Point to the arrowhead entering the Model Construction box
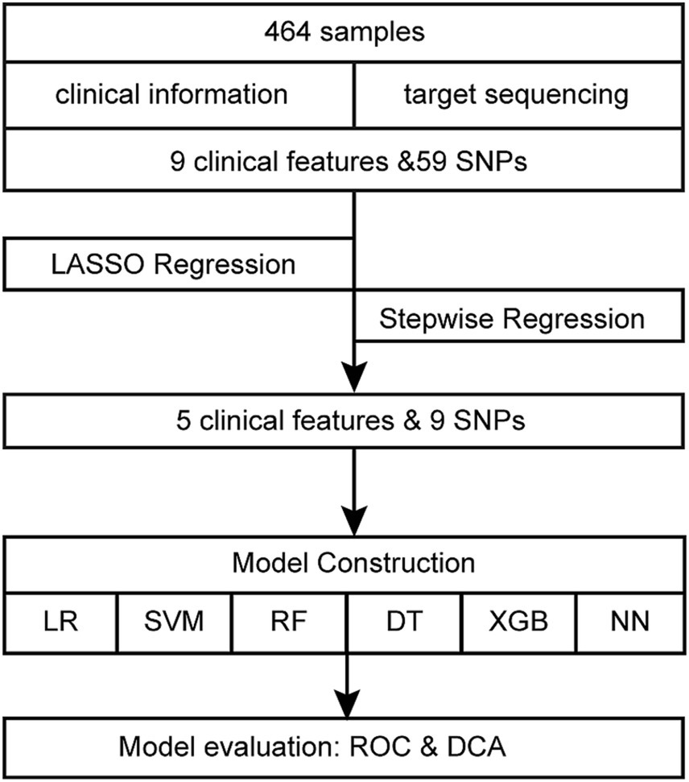tap(353, 515)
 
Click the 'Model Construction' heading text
tap(353, 562)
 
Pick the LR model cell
tap(60, 623)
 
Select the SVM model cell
tap(174, 623)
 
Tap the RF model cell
tap(288, 623)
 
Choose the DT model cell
tap(404, 623)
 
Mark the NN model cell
tap(631, 623)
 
